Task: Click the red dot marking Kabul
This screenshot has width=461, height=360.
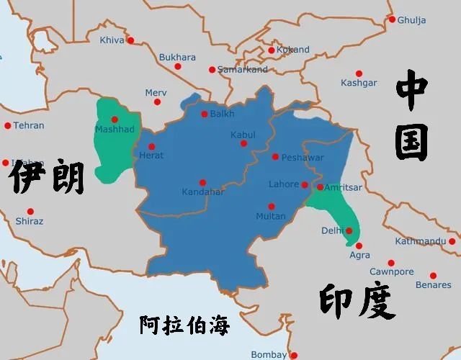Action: tap(243, 143)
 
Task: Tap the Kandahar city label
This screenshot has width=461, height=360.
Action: tap(205, 192)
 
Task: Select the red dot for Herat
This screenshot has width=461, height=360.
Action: tap(151, 147)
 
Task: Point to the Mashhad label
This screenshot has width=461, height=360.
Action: tap(115, 129)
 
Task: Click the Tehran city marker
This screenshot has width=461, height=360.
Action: tap(8, 125)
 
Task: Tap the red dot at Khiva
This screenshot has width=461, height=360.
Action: tap(130, 40)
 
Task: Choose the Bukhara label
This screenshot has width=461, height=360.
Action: tap(177, 58)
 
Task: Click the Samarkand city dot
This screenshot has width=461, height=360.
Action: tap(212, 70)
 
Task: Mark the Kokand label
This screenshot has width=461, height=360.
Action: tap(293, 50)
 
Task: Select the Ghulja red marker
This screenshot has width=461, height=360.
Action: tap(393, 19)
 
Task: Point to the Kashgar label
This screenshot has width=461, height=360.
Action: tap(359, 83)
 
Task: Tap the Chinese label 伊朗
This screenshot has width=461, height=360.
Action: tap(47, 177)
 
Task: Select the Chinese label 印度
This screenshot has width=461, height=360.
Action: tap(358, 302)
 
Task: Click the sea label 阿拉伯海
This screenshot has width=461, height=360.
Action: tap(184, 325)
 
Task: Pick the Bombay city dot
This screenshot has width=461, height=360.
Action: tap(293, 354)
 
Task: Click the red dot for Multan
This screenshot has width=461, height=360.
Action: tap(272, 207)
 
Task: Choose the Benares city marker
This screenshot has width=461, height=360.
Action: tap(433, 275)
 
